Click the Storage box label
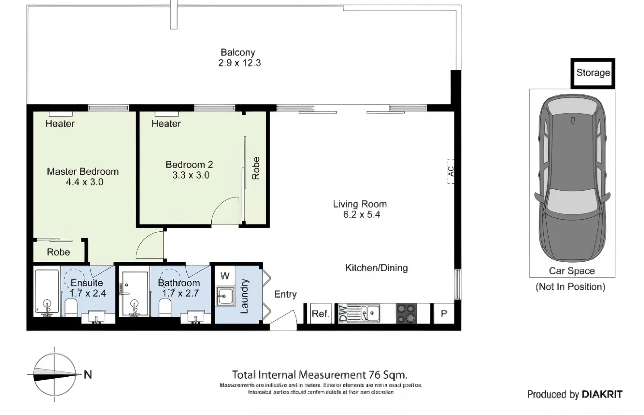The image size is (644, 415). (x=593, y=73)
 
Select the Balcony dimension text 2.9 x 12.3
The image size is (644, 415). (x=239, y=63)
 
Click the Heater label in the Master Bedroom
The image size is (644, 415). (x=60, y=124)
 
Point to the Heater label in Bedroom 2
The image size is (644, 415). (x=166, y=124)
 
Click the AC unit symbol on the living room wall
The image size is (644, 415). (x=451, y=171)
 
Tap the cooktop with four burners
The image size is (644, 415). (x=406, y=313)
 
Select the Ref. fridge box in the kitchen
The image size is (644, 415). (x=320, y=313)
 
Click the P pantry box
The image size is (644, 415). (x=444, y=313)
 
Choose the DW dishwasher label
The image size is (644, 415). (x=343, y=313)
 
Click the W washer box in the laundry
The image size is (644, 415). (x=225, y=276)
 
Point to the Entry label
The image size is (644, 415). (x=285, y=295)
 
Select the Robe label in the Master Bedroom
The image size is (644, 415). (x=58, y=252)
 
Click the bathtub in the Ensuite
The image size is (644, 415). (x=47, y=292)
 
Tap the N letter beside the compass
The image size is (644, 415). (x=88, y=375)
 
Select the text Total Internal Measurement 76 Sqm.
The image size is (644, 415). (x=320, y=375)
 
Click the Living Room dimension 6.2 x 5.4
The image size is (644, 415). (x=361, y=215)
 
